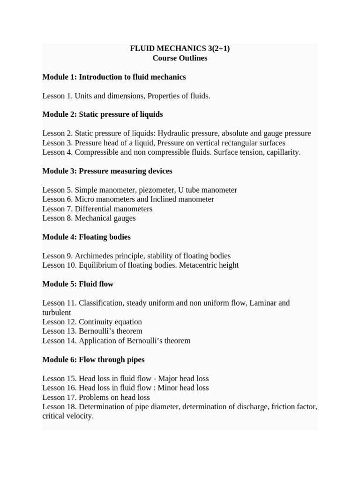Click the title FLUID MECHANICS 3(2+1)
180,49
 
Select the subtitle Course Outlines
180,58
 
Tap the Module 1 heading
114,77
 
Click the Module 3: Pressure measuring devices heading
107,171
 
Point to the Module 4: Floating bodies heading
86,237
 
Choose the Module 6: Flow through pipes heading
93,360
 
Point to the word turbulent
57,313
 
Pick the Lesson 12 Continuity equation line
92,322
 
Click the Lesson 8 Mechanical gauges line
89,218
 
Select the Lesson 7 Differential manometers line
97,209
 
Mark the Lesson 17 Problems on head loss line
96,397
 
